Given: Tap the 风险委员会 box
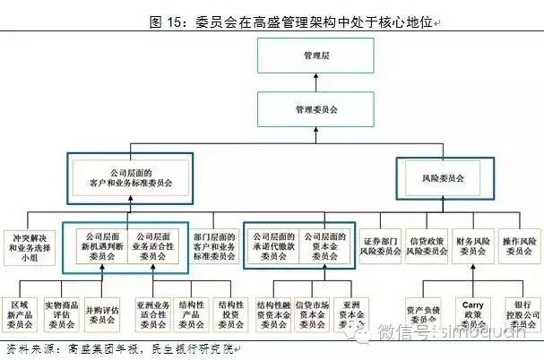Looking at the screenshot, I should (443, 178).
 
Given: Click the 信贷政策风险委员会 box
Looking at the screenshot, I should (427, 245).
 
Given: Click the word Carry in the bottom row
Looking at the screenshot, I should (472, 304).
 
